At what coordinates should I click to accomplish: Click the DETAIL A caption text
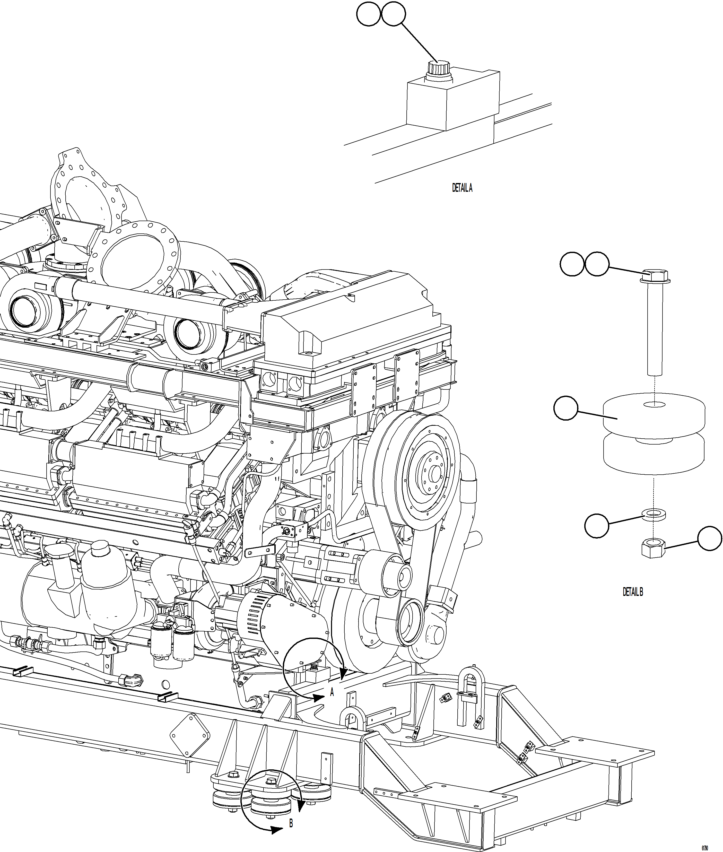pyautogui.click(x=462, y=188)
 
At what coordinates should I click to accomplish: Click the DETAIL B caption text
pyautogui.click(x=633, y=592)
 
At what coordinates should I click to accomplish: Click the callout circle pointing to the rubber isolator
pyautogui.click(x=566, y=408)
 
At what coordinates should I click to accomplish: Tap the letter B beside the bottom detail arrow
pyautogui.click(x=291, y=823)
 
